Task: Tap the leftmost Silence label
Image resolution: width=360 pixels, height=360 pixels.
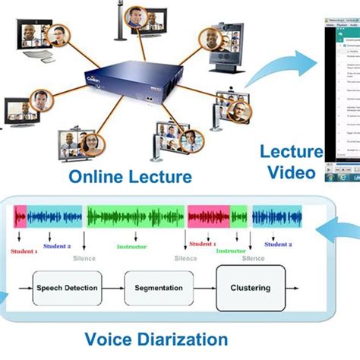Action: coord(85,258)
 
